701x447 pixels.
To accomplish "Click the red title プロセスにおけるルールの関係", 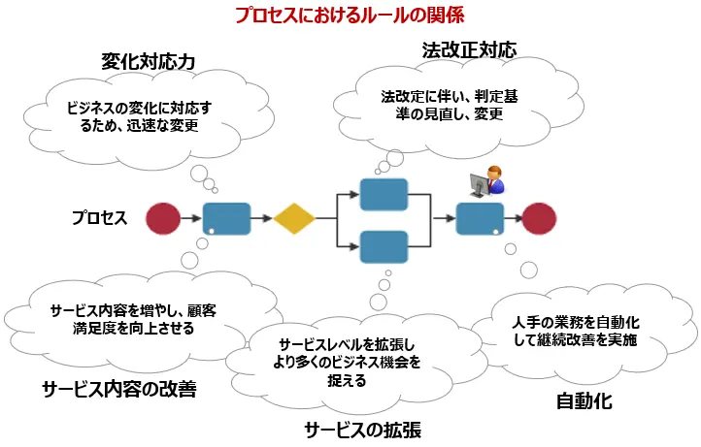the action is pos(350,15).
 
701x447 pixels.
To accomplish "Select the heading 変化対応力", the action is pos(148,61).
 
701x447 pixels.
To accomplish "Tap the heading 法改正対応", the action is pos(469,50).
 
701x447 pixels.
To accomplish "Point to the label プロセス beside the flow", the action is pos(100,218).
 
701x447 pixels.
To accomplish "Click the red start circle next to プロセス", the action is pos(163,218).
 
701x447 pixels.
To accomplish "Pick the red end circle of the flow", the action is pos(539,218).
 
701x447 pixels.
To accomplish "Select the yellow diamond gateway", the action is pos(294,218).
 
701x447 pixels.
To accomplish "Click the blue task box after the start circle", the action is pos(226,219).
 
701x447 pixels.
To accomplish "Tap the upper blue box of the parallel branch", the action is pos(384,195).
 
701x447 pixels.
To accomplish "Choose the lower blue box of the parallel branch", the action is pos(384,246).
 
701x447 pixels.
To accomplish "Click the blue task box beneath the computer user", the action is pos(480,219).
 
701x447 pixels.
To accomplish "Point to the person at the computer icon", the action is pos(486,181).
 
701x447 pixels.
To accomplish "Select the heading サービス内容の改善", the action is pos(119,389).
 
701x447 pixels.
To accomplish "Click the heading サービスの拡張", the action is pos(362,431).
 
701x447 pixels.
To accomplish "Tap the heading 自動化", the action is pos(584,401).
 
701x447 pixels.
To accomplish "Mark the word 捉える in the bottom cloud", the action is pos(347,380).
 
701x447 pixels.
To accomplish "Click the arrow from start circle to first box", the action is pos(191,218).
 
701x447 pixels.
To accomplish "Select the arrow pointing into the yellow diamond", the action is pos(261,218).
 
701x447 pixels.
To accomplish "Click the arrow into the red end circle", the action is pos(513,218).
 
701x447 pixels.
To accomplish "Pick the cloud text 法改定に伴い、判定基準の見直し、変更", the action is pos(450,105).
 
